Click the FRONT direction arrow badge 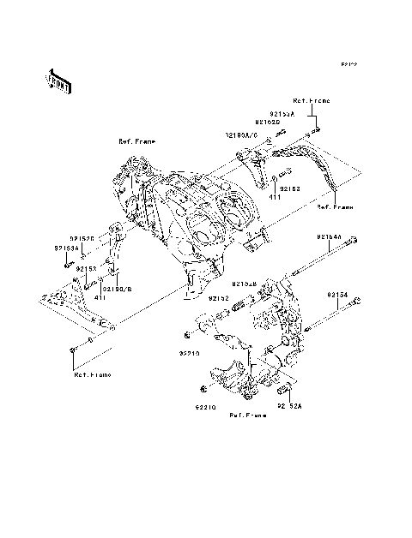58,81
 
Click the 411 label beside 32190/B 100,297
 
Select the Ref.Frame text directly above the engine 136,140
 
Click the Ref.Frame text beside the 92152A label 247,415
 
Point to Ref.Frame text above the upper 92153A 306,100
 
